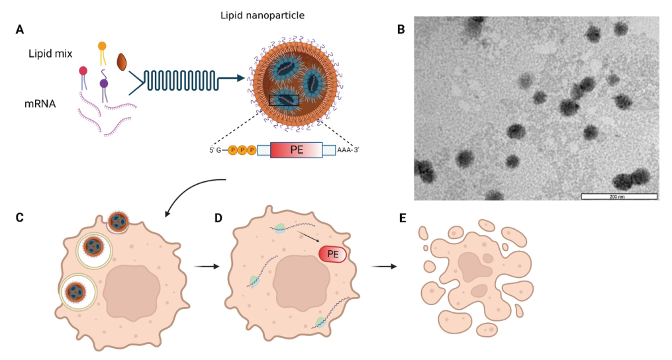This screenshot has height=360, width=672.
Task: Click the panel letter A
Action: pyautogui.click(x=20, y=29)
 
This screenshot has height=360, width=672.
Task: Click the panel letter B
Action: pyautogui.click(x=401, y=29)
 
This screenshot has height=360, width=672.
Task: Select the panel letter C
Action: pyautogui.click(x=20, y=217)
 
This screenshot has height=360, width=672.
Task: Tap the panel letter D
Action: pyautogui.click(x=218, y=217)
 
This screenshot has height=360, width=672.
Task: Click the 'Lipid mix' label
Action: pyautogui.click(x=51, y=53)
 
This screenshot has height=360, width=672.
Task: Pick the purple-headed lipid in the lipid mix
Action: pyautogui.click(x=104, y=84)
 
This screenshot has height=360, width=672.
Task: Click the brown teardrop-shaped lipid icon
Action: pyautogui.click(x=122, y=62)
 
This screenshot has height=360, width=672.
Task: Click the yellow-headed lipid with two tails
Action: pyautogui.click(x=102, y=46)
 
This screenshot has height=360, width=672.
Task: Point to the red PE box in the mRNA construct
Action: pyautogui.click(x=296, y=150)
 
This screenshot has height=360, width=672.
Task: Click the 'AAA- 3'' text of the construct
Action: pyautogui.click(x=348, y=150)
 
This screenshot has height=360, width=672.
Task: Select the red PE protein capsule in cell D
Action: pyautogui.click(x=333, y=253)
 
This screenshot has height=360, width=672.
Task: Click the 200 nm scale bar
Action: pyautogui.click(x=618, y=196)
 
